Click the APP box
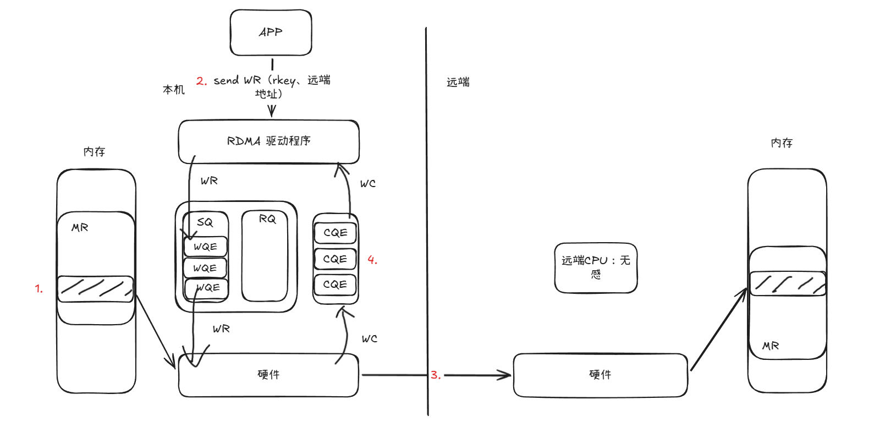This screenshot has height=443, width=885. [271, 32]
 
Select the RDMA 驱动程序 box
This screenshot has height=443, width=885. [268, 141]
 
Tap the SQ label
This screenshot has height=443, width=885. [205, 222]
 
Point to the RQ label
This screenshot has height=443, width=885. [267, 219]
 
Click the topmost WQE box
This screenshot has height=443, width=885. [206, 247]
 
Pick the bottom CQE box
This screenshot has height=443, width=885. [335, 285]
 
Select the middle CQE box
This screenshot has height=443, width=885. [335, 259]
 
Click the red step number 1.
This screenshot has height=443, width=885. [39, 289]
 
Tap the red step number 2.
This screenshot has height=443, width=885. [201, 81]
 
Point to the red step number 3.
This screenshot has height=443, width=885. [436, 375]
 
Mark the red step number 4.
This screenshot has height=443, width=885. [372, 260]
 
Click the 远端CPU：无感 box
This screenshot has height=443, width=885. [596, 268]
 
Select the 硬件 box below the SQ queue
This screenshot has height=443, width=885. [268, 375]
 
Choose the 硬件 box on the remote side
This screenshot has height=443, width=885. [601, 375]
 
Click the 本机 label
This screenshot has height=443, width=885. [174, 90]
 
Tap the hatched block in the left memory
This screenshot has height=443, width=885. [96, 289]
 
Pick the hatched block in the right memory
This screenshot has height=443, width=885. [788, 283]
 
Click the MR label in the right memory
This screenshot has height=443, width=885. [771, 346]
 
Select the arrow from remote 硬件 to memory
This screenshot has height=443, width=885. [719, 330]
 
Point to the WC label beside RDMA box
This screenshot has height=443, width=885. [368, 184]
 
